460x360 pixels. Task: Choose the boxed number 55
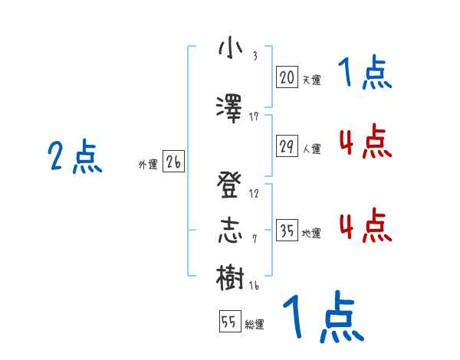pyautogui.click(x=229, y=322)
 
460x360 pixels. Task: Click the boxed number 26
pyautogui.click(x=173, y=162)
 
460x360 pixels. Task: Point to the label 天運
pyautogui.click(x=311, y=79)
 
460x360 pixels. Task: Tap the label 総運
pyautogui.click(x=255, y=324)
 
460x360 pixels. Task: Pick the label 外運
pyautogui.click(x=147, y=164)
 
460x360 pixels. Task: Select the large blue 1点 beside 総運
pyautogui.click(x=323, y=318)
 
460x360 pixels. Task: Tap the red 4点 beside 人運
pyautogui.click(x=366, y=142)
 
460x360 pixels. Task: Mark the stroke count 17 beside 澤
pyautogui.click(x=254, y=116)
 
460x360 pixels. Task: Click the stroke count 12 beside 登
pyautogui.click(x=254, y=194)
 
